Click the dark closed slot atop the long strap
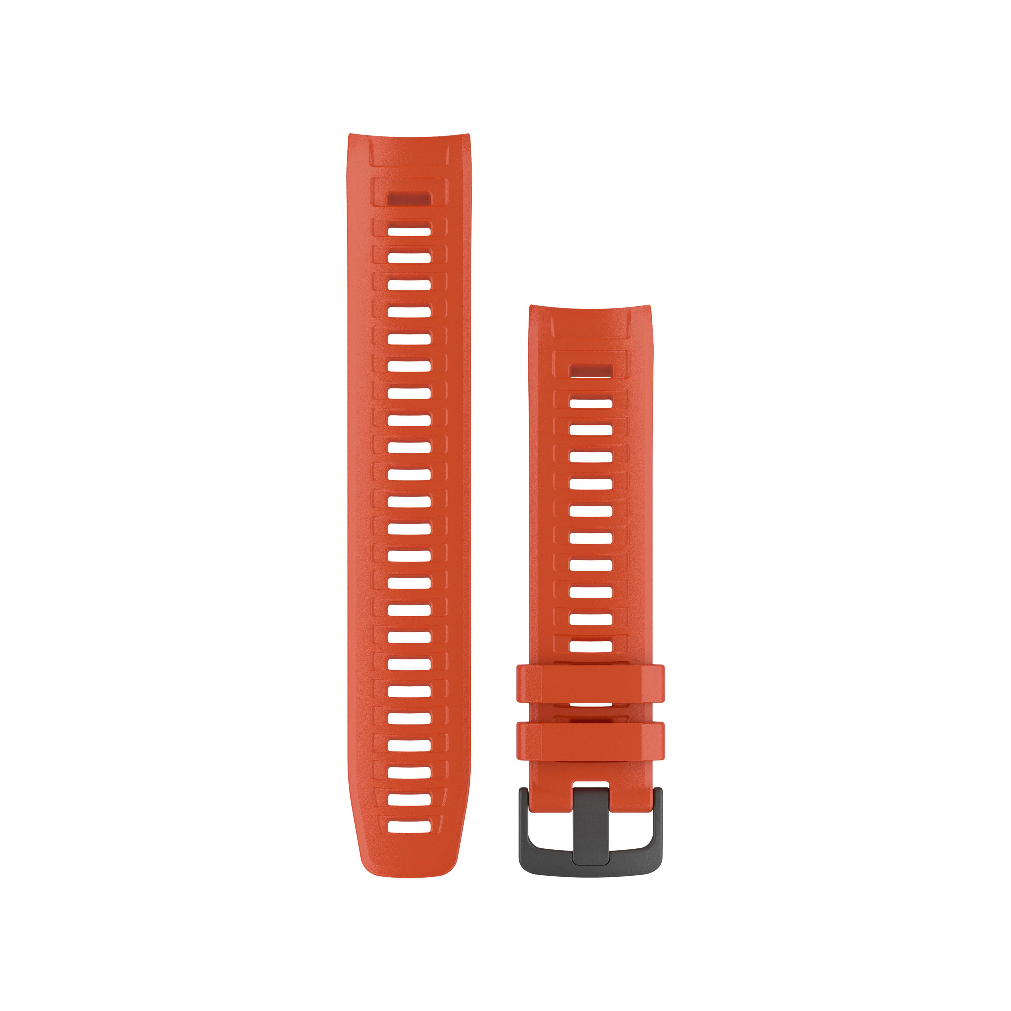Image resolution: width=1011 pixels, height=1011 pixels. pyautogui.click(x=409, y=199)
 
